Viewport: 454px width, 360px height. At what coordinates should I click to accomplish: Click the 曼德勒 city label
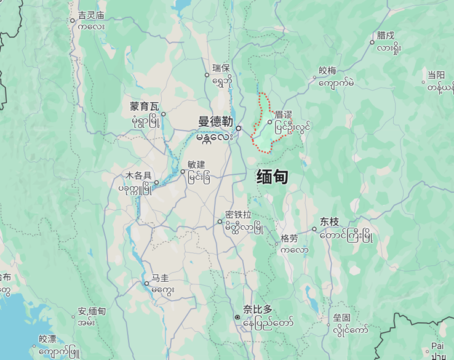pos(215,121)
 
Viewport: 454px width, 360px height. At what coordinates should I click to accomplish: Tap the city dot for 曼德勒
pos(238,128)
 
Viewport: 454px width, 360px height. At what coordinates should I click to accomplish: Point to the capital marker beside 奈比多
pos(237,317)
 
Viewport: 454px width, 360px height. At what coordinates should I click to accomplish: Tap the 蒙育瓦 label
pos(145,106)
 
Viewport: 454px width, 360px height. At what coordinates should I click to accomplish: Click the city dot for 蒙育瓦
pos(163,114)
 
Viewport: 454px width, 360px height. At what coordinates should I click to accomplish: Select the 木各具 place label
pos(138,175)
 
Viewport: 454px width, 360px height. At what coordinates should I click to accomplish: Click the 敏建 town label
pos(196,164)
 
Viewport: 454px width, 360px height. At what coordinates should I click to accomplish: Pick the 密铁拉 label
pos(239,214)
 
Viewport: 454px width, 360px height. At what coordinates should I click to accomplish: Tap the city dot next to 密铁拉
pos(220,222)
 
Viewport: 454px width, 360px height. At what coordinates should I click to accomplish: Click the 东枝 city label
pos(329,222)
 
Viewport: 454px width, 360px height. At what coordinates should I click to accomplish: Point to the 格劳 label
pos(289,238)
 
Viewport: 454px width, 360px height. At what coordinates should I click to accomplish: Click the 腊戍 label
pos(386,35)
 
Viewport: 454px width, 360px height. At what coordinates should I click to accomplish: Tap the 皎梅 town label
pos(327,70)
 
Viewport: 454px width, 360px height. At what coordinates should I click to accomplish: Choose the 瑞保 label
pos(221,67)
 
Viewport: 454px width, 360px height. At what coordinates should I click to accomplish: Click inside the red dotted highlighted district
pos(265,138)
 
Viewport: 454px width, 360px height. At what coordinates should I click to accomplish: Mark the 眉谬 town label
pos(284,114)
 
